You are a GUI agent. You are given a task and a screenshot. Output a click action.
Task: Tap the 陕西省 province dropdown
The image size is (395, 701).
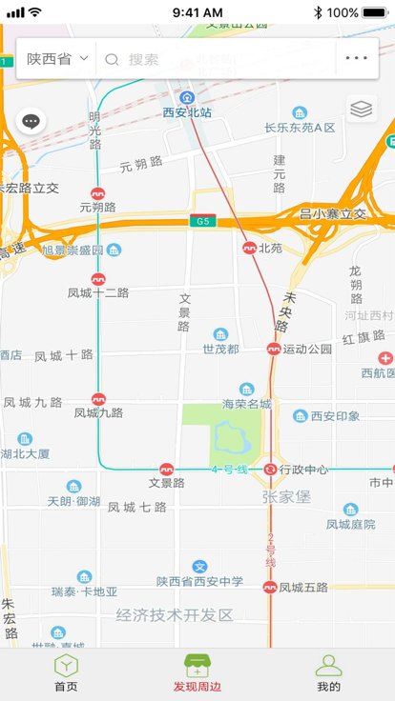click(x=57, y=59)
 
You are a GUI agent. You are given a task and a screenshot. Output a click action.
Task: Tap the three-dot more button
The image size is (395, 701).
click(x=357, y=58)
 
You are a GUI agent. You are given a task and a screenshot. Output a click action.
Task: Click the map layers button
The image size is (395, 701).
click(x=361, y=110)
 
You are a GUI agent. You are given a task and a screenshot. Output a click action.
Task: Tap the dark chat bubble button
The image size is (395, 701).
click(x=31, y=121)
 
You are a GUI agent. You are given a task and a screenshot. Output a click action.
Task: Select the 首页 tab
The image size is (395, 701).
click(x=66, y=673)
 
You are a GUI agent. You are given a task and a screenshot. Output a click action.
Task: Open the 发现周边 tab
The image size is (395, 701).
click(x=197, y=673)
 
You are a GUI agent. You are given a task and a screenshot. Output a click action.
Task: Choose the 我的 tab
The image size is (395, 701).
click(x=328, y=673)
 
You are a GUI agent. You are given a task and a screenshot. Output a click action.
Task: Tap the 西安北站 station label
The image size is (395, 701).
click(x=188, y=112)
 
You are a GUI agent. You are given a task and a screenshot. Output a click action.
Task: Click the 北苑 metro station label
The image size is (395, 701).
click(x=270, y=248)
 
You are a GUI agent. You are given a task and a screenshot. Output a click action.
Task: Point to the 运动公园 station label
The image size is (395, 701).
click(x=307, y=350)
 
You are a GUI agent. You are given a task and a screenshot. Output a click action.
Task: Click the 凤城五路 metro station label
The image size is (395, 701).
click(x=303, y=588)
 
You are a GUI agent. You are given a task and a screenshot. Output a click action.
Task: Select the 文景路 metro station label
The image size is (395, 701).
click(x=166, y=483)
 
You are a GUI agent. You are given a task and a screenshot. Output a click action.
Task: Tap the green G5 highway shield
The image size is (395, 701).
click(x=201, y=221)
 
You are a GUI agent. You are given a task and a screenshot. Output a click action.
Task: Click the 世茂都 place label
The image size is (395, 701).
click(x=220, y=349)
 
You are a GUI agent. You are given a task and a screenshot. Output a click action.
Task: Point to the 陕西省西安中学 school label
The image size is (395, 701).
click(x=200, y=581)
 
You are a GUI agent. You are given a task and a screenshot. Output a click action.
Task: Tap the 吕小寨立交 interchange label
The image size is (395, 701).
click(x=333, y=214)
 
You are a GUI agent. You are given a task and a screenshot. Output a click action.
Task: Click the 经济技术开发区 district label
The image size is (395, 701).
click(x=175, y=615)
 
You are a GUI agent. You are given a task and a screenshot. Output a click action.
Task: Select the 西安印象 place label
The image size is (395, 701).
click(x=333, y=416)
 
